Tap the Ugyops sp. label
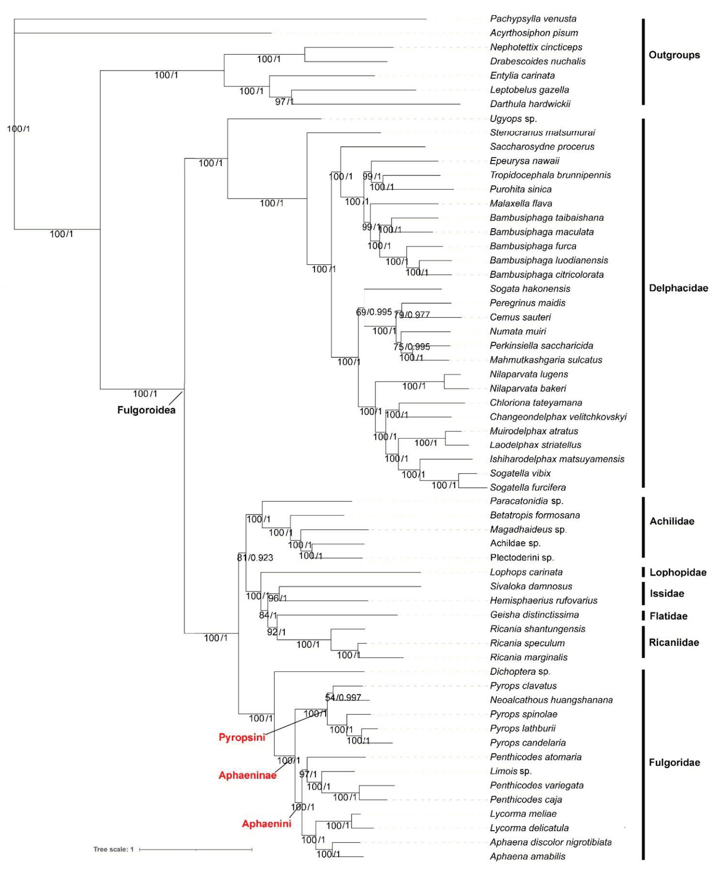coord(513,119)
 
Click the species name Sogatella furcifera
coord(527,488)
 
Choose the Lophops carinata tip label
coord(526,572)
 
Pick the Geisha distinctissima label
coord(534,615)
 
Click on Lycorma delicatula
coord(529,828)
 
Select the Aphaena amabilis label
coord(527,856)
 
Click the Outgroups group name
coord(674,55)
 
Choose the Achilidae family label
coord(671,521)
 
